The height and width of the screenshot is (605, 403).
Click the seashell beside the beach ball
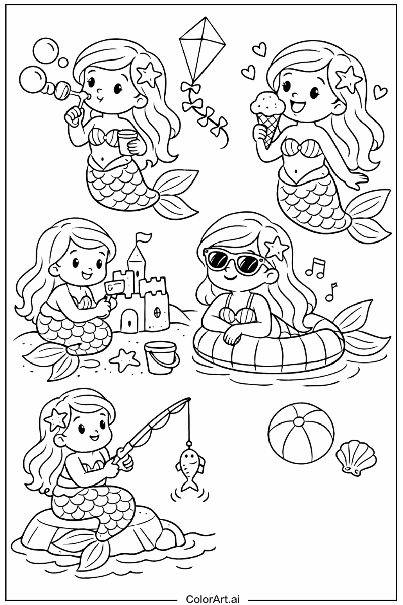(356, 456)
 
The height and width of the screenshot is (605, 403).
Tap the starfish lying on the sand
(124, 359)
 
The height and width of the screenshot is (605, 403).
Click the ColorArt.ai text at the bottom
(213, 599)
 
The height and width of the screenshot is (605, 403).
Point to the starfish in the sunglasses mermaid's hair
(277, 247)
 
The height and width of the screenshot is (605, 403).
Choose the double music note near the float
(316, 267)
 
